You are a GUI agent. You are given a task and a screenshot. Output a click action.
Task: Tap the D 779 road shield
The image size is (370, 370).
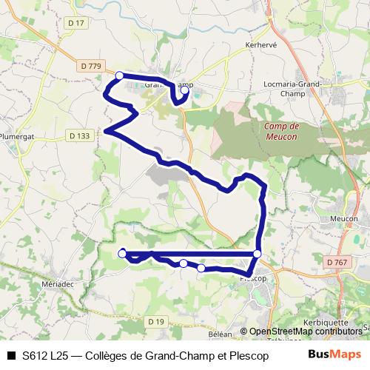click(90, 66)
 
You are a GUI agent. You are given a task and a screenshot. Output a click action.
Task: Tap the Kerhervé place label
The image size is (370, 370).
click(260, 45)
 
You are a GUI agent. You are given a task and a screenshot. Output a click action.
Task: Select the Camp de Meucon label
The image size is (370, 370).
click(280, 131)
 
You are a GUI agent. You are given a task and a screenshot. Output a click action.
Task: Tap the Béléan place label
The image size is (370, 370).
click(221, 334)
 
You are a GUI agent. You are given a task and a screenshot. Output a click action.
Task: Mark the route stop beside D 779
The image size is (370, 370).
click(119, 75)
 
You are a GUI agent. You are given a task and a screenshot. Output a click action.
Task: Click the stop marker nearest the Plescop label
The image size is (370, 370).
click(257, 254)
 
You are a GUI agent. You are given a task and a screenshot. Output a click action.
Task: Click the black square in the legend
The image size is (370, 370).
click(10, 355)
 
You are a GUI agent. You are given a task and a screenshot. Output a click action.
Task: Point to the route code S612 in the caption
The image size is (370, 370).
click(35, 355)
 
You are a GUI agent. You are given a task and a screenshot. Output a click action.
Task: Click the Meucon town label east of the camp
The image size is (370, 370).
click(343, 219)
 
